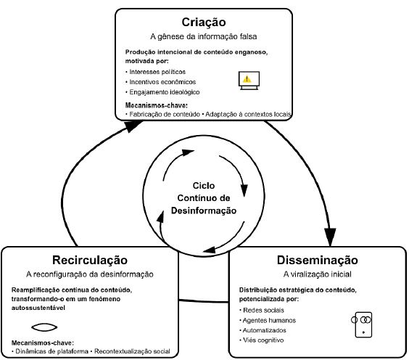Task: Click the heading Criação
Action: [204, 22]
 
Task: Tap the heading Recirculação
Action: [90, 260]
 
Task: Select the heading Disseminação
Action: [318, 260]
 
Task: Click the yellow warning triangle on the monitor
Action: [247, 79]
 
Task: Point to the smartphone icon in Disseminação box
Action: [363, 324]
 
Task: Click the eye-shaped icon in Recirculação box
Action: [44, 327]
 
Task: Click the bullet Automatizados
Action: [264, 330]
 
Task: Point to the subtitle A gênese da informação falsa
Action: [204, 36]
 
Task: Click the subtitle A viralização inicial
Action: [318, 274]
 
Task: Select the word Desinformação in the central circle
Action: [204, 210]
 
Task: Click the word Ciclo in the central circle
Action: [204, 186]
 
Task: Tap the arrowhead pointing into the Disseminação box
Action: [330, 237]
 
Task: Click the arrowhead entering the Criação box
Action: [133, 126]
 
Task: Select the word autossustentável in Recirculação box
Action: [38, 308]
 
